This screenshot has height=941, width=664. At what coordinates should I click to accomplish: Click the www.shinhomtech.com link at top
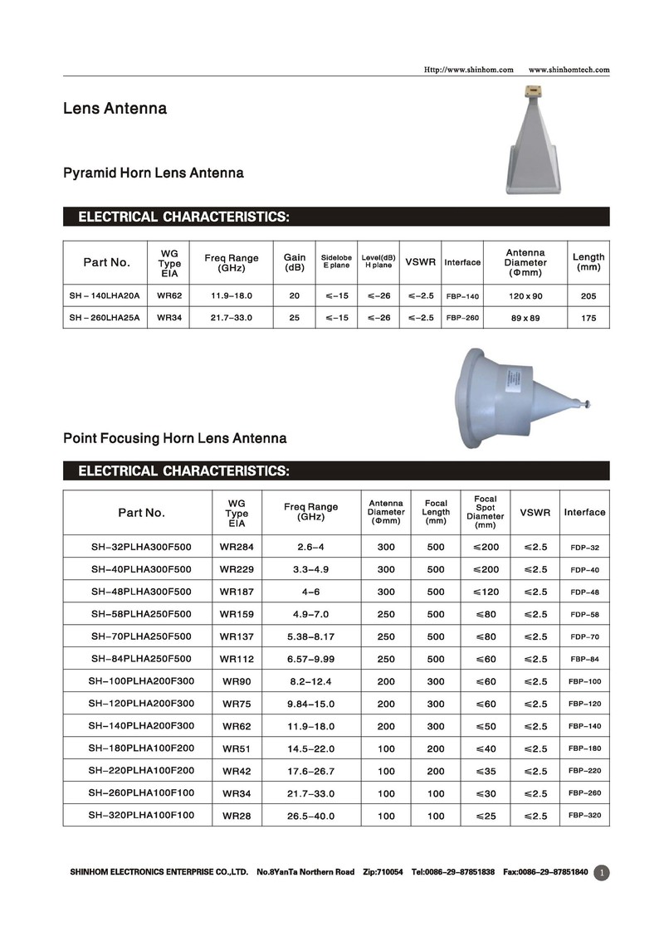pos(569,70)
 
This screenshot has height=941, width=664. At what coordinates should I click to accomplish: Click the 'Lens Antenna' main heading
pos(115,109)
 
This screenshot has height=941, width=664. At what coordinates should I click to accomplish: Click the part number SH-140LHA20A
pos(105,295)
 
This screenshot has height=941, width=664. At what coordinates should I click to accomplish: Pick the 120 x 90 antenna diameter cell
pos(525,295)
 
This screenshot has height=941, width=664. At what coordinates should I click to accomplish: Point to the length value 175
pos(588,318)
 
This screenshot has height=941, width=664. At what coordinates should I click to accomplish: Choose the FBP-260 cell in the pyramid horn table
pos(462,318)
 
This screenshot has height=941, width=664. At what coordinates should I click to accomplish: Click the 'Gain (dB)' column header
pos(295,262)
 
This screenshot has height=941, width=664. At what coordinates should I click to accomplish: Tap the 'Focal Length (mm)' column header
pos(436,512)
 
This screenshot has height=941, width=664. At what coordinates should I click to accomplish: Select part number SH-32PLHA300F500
pos(141,547)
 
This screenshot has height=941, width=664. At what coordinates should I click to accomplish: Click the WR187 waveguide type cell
pos(237,592)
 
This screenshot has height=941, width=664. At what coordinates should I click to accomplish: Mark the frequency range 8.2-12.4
pos(311,681)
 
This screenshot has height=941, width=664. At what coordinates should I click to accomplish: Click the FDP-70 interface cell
pos(584,636)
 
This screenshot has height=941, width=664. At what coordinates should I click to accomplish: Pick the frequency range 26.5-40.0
pos(311,816)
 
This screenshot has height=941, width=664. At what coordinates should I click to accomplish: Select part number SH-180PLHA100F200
pos(141,748)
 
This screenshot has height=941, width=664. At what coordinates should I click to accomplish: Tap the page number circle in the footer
pos(602,872)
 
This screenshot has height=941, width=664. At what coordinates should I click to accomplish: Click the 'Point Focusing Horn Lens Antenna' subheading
pos(175,438)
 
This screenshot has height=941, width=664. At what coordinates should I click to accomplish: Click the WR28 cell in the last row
pos(237,816)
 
